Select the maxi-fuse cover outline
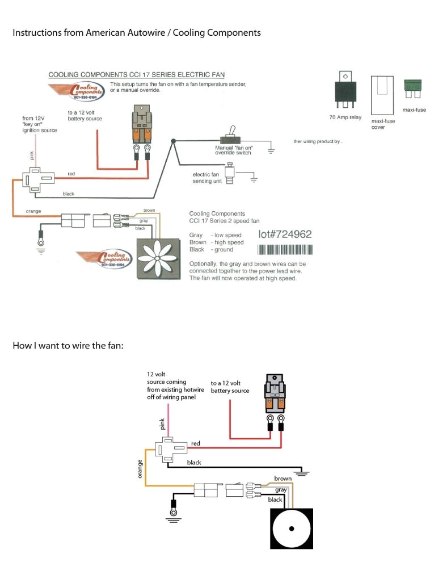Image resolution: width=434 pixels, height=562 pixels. [382, 95]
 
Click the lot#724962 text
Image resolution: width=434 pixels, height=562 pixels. [284, 234]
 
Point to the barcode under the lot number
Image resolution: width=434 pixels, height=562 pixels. [285, 250]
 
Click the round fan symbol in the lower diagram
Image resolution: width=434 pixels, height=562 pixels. [291, 528]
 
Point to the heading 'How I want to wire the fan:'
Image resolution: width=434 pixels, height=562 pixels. [68, 346]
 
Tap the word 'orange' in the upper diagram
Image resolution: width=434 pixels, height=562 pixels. [33, 212]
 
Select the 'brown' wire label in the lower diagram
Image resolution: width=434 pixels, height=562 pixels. [283, 479]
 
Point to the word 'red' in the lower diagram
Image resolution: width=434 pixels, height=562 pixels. [196, 443]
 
